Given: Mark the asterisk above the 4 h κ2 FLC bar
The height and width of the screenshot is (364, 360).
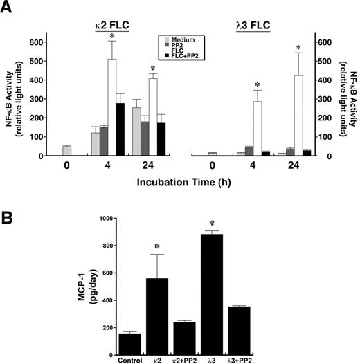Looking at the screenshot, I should (x=111, y=35).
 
